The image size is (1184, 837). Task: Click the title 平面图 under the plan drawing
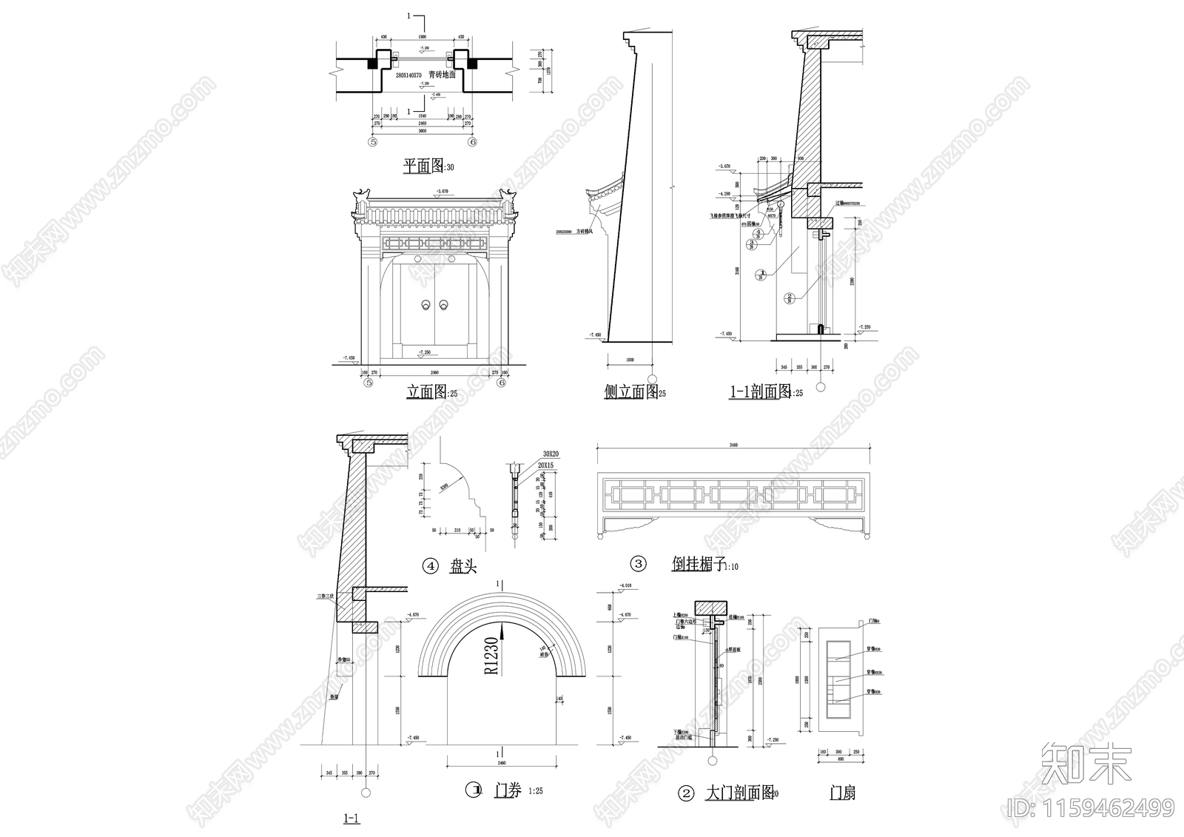423,166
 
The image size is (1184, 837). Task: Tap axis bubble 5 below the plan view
373,141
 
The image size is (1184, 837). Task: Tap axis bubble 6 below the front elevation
502,383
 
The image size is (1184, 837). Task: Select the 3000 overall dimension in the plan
423,131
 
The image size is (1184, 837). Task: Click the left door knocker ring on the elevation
426,305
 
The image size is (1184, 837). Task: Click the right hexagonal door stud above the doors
451,260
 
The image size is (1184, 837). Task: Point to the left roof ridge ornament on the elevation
362,197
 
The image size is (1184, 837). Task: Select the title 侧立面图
630,392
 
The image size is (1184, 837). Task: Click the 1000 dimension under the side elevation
630,360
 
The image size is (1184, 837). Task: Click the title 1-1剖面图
761,392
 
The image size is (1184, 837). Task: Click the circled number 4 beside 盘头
430,566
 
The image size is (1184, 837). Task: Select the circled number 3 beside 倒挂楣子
638,565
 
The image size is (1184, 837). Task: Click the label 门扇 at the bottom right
842,793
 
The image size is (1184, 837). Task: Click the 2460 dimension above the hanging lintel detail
733,445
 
